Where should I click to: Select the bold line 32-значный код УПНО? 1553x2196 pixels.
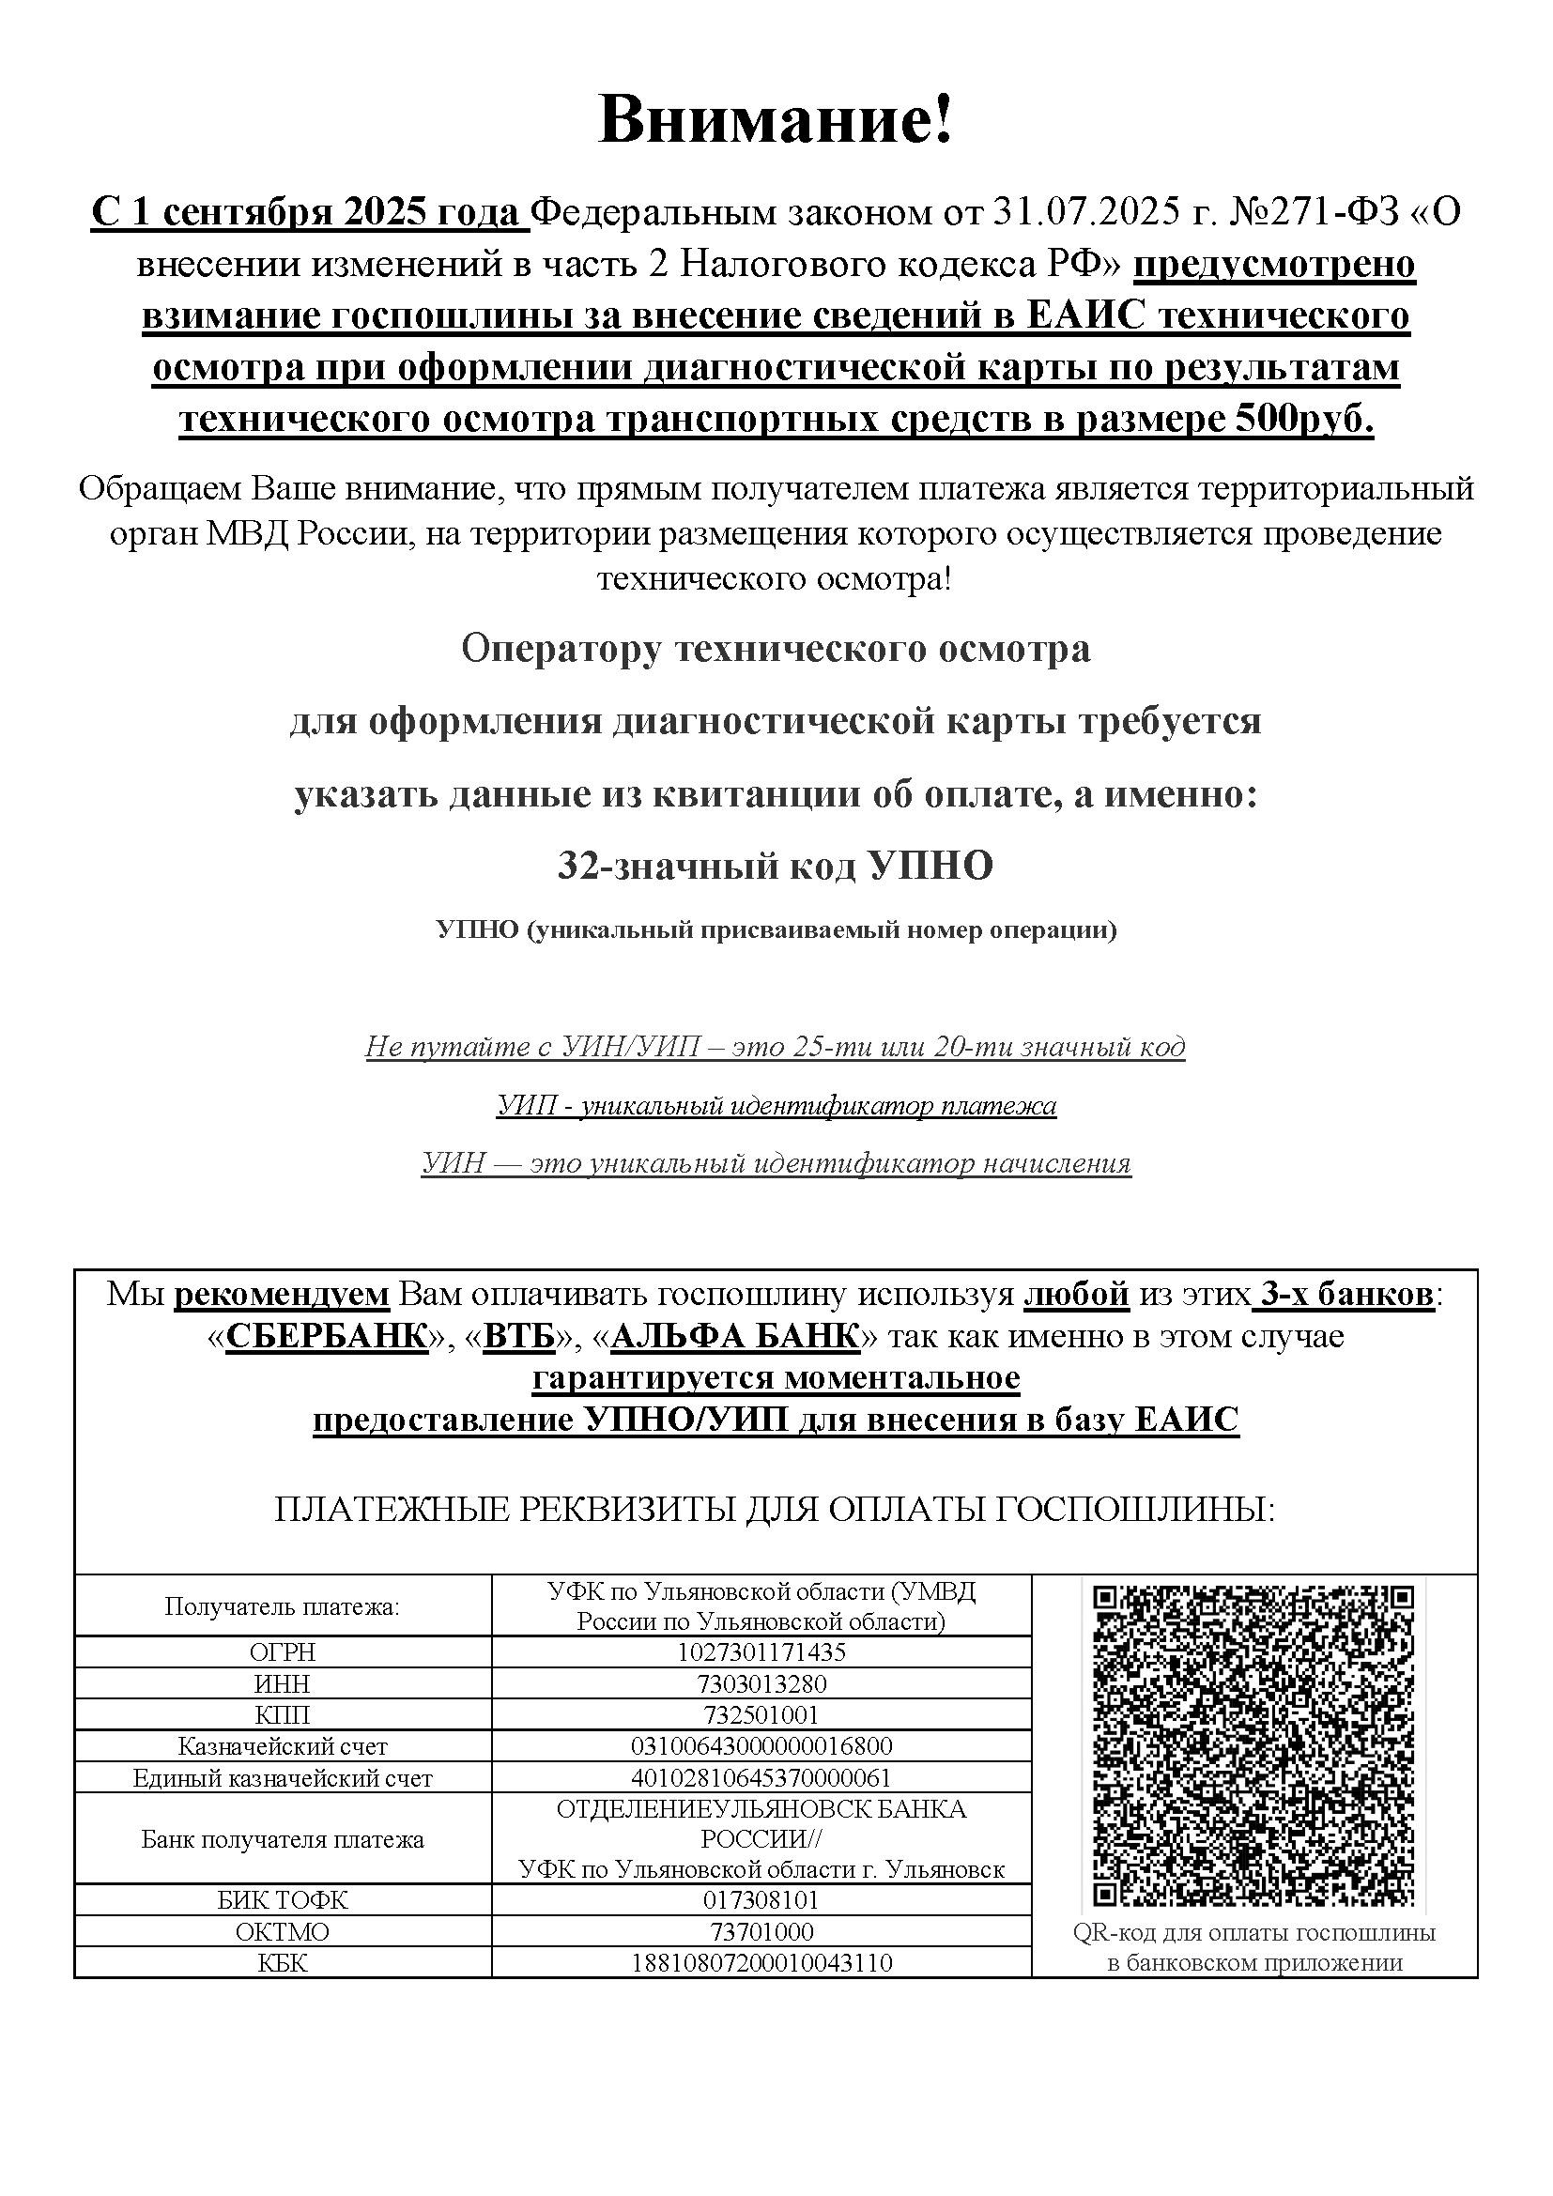776,866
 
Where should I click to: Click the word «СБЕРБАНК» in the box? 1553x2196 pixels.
326,1336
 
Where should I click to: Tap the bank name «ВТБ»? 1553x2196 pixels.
519,1336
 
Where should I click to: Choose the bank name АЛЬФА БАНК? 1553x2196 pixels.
734,1336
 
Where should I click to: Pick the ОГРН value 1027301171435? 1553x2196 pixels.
761,1651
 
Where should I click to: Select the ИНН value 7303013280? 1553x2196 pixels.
761,1683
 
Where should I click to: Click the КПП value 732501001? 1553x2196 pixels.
761,1715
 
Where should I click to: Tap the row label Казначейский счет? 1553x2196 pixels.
283,1746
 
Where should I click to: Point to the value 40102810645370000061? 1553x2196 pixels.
761,1778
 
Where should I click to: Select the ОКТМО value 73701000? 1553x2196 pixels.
761,1931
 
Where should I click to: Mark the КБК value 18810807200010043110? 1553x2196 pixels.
761,1962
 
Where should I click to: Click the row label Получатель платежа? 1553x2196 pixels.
283,1606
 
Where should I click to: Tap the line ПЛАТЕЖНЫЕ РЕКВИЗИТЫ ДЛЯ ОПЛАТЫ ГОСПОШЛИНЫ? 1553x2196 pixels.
776,1511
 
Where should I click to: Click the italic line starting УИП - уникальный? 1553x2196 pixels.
776,1106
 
